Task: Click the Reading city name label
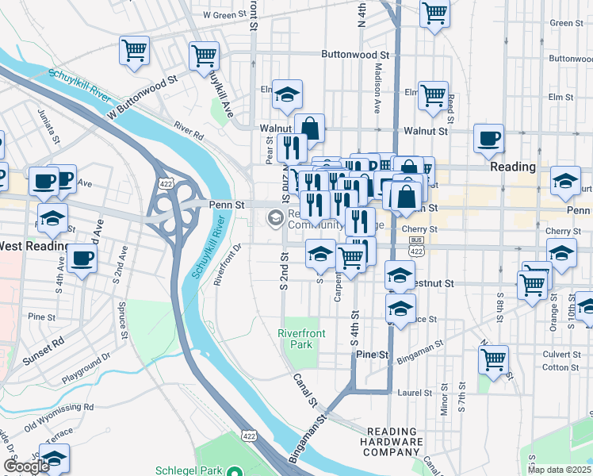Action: click(513, 168)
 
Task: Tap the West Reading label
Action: click(32, 246)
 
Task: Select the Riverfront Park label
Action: click(301, 340)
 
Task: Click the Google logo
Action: click(26, 466)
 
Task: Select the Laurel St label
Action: click(415, 393)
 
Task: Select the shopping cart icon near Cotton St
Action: click(493, 359)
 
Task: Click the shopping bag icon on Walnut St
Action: click(310, 127)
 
